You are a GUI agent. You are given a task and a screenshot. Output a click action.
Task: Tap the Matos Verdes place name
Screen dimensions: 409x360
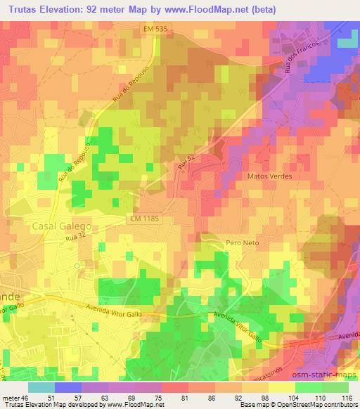tap(266, 176)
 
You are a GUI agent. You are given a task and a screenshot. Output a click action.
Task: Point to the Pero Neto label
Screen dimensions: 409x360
tap(243, 242)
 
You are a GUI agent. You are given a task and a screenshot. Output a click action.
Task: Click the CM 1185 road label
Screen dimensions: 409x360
tap(144, 219)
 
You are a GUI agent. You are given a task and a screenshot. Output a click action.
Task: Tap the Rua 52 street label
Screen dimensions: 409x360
tap(185, 164)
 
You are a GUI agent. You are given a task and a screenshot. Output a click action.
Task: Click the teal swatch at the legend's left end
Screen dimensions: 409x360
tap(41, 387)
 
